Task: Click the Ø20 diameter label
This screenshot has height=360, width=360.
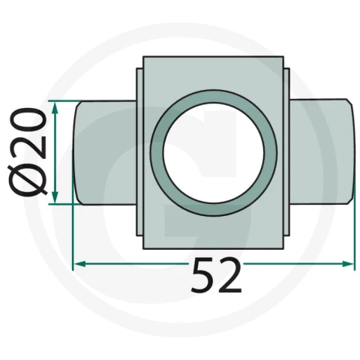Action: point(28,152)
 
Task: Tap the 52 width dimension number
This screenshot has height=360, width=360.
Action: point(217,275)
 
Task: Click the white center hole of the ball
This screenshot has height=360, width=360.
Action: point(213,153)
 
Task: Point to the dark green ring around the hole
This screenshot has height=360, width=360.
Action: point(156,153)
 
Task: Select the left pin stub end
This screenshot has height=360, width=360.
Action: point(105,152)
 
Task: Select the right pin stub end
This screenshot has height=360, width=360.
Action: point(322,152)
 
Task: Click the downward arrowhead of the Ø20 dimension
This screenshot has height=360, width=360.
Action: point(55,197)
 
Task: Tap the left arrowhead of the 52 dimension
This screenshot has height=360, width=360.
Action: point(80,264)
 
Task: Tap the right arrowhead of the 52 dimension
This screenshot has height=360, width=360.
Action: point(348,263)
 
